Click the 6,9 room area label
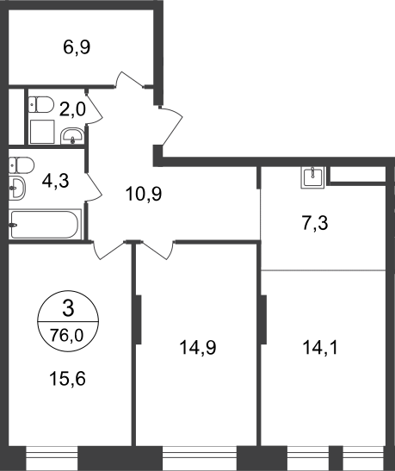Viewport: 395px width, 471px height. point(77,47)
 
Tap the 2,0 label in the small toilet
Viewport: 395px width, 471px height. point(72,108)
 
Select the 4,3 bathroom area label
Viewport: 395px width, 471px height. point(56,181)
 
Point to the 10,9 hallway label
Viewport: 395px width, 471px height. point(144,194)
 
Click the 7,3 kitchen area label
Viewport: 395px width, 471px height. point(315,224)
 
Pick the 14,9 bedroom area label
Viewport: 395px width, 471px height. point(198,348)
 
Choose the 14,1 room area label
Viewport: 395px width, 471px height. point(320,348)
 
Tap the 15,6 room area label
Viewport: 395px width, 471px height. point(67,378)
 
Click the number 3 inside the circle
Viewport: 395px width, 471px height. point(68,309)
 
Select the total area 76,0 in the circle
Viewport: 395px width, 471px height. point(67,335)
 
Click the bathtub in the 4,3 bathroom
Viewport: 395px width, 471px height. point(45,225)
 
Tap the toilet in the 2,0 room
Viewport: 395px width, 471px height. point(41,104)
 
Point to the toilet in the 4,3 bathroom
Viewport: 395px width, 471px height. point(22,165)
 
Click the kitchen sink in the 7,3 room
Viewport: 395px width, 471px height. point(312,177)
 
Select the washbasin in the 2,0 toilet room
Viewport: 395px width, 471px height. point(72,136)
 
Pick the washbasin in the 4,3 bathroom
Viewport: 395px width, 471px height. point(17,189)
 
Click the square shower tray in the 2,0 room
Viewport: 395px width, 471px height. point(42,132)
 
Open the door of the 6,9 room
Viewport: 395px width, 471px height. point(129,79)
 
